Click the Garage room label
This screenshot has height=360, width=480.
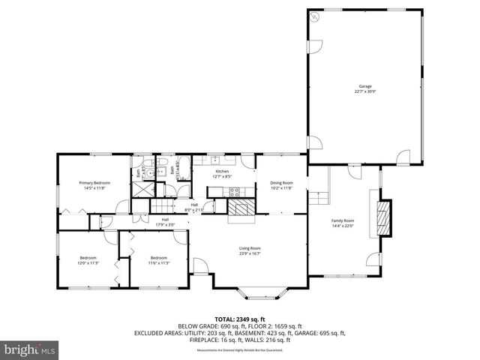(x=364, y=88)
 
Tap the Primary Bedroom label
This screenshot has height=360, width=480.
(x=95, y=185)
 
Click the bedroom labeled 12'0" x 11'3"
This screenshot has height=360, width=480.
(x=88, y=261)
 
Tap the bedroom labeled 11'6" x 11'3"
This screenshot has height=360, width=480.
(x=158, y=261)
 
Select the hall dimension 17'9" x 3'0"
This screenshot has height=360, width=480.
(x=165, y=224)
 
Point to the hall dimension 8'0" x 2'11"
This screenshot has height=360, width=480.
(x=194, y=211)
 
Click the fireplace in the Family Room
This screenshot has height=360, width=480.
(x=383, y=217)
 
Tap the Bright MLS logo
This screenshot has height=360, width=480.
(x=30, y=349)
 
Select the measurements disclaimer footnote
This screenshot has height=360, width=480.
(x=239, y=350)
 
